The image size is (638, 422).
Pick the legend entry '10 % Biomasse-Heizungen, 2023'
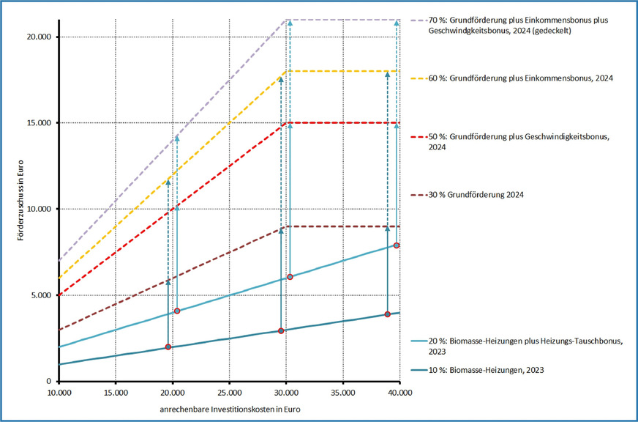coord(498,371)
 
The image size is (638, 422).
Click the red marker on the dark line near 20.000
coord(168,347)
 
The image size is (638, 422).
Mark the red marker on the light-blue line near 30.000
coord(290,277)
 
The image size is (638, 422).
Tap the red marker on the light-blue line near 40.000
coord(397,245)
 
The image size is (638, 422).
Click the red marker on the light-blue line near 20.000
coord(176,311)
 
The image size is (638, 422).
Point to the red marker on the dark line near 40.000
coord(388,314)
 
